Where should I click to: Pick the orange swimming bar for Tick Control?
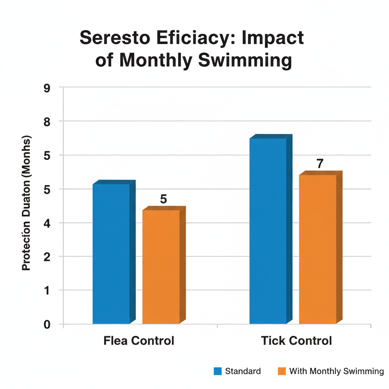coord(318,249)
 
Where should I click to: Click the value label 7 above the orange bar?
coord(320,164)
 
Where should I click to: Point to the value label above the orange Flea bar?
coord(163,199)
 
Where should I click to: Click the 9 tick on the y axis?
coord(47,87)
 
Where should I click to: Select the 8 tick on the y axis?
coord(47,121)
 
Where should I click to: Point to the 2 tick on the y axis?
coord(47,257)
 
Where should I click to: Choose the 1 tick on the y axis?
coord(47,291)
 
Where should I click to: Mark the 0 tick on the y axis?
coord(47,324)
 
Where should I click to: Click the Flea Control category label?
coord(139,341)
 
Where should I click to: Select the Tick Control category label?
coord(297,341)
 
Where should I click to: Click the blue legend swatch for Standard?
coord(218,371)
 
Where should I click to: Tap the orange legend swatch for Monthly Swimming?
coord(281,371)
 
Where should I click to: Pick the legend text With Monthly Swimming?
coord(337,371)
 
